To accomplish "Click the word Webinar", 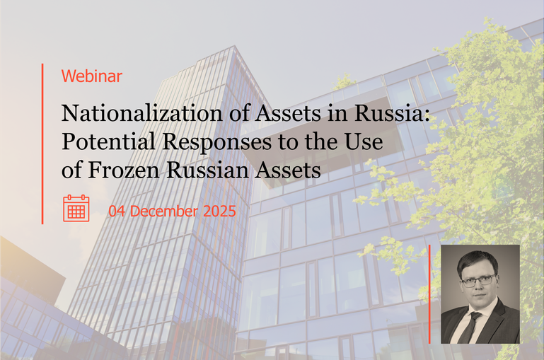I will pos(92,76).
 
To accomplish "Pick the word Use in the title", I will pos(366,141).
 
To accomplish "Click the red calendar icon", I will pos(76,209).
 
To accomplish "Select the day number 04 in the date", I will pos(117,211).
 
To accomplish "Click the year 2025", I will pos(219,211).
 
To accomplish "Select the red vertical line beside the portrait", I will pos(430,294).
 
